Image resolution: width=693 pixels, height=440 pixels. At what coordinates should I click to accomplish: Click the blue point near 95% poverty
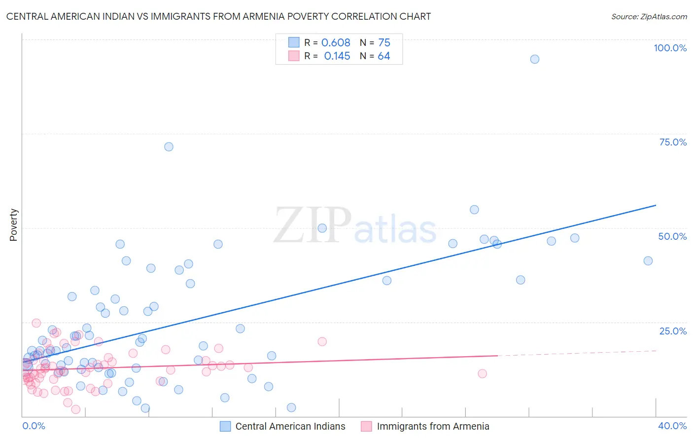click(534, 59)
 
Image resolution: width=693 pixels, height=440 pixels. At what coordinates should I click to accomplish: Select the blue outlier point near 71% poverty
click(169, 147)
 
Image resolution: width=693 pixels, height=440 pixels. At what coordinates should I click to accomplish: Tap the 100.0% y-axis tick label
click(670, 48)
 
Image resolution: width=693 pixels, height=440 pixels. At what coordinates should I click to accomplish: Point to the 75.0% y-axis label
click(673, 142)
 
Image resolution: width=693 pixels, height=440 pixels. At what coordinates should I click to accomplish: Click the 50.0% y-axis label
click(672, 236)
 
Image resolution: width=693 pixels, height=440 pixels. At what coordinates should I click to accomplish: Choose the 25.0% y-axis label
click(673, 331)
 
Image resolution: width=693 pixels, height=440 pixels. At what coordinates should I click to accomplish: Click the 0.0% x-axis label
click(34, 426)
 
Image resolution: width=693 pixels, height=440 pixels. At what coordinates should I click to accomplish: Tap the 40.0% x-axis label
click(672, 426)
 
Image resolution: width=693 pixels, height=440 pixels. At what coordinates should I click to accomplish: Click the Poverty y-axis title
click(13, 225)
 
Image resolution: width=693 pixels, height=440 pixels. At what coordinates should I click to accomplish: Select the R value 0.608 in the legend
click(336, 43)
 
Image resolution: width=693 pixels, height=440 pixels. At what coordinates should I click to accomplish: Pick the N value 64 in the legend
click(384, 56)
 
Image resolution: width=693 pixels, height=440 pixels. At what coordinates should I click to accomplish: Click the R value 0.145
click(337, 56)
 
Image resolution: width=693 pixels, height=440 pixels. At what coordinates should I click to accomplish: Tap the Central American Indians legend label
click(290, 427)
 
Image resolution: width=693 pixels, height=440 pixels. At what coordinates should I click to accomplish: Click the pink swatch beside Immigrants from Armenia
click(366, 427)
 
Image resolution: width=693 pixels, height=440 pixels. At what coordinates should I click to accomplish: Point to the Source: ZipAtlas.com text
click(649, 17)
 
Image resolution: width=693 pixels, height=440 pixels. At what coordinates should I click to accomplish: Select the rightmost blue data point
click(648, 261)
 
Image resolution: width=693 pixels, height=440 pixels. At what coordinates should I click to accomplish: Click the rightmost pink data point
click(483, 373)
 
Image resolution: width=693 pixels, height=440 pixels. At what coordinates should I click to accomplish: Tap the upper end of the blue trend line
click(656, 205)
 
